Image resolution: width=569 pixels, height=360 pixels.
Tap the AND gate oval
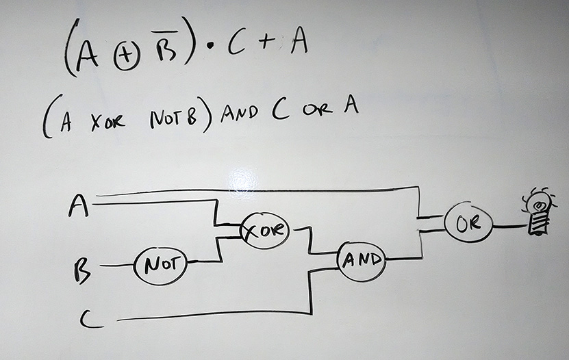(x=361, y=259)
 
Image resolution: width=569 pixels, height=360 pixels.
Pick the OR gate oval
(x=468, y=224)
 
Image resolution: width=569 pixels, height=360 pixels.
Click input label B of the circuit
(x=81, y=270)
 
